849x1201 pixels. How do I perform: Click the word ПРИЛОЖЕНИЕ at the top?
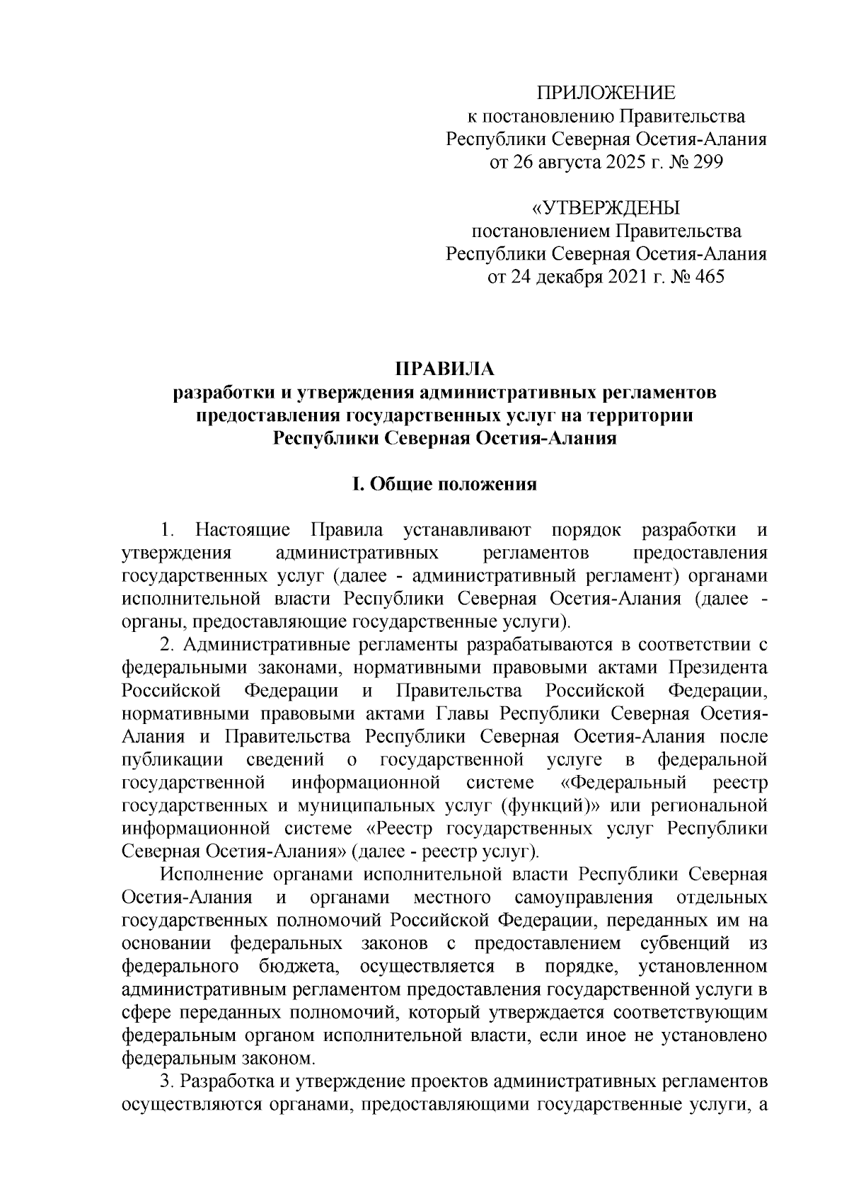[x=606, y=93]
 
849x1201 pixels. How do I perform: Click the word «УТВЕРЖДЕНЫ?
[x=606, y=208]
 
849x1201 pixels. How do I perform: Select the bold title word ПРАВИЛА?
[x=445, y=369]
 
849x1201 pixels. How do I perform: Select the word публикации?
[x=173, y=759]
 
